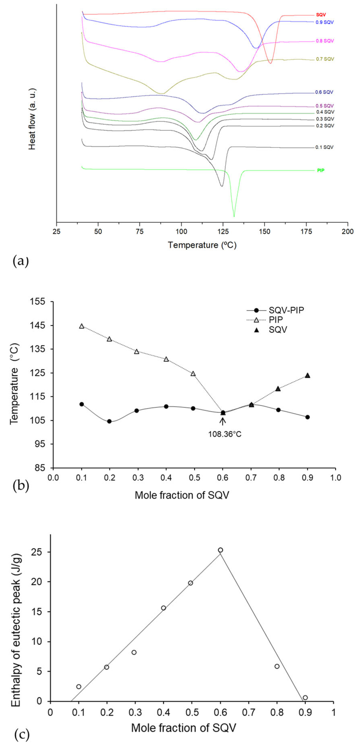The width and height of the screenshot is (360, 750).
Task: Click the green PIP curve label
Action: (x=321, y=170)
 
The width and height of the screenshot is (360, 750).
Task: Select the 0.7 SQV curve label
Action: (x=325, y=59)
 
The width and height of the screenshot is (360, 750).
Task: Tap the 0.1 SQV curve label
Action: (x=324, y=147)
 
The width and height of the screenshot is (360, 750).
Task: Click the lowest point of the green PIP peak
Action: (x=234, y=216)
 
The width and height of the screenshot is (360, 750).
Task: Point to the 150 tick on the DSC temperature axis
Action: (x=264, y=231)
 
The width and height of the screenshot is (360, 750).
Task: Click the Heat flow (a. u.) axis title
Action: (x=32, y=119)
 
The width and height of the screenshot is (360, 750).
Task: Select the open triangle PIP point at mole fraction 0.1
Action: (x=82, y=326)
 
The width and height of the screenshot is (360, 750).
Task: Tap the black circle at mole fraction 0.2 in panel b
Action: (x=109, y=421)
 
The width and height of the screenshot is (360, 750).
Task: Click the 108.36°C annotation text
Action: (x=225, y=434)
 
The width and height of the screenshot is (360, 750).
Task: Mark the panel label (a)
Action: (x=21, y=261)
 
